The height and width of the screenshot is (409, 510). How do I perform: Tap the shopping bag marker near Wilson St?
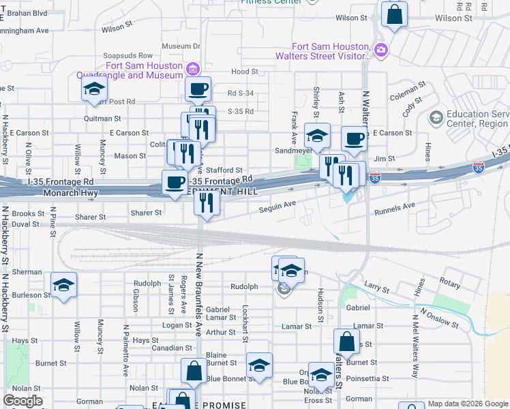[394, 14]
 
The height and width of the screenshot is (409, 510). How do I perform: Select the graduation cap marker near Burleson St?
[63, 285]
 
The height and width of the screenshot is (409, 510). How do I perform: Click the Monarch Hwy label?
[71, 194]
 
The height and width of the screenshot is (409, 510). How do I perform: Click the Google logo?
[22, 401]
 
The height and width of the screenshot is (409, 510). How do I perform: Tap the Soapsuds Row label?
[127, 55]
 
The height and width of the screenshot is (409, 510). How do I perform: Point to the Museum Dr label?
[181, 46]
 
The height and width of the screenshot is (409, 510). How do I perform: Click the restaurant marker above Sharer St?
[207, 202]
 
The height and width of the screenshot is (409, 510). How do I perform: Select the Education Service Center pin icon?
[435, 118]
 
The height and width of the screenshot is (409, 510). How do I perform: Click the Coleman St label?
[408, 92]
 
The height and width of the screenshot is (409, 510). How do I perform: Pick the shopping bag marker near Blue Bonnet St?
[194, 372]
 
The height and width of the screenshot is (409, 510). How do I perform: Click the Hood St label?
[244, 71]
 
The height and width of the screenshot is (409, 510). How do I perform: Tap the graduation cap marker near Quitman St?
[94, 89]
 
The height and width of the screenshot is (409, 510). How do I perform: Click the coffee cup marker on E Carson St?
[354, 138]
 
